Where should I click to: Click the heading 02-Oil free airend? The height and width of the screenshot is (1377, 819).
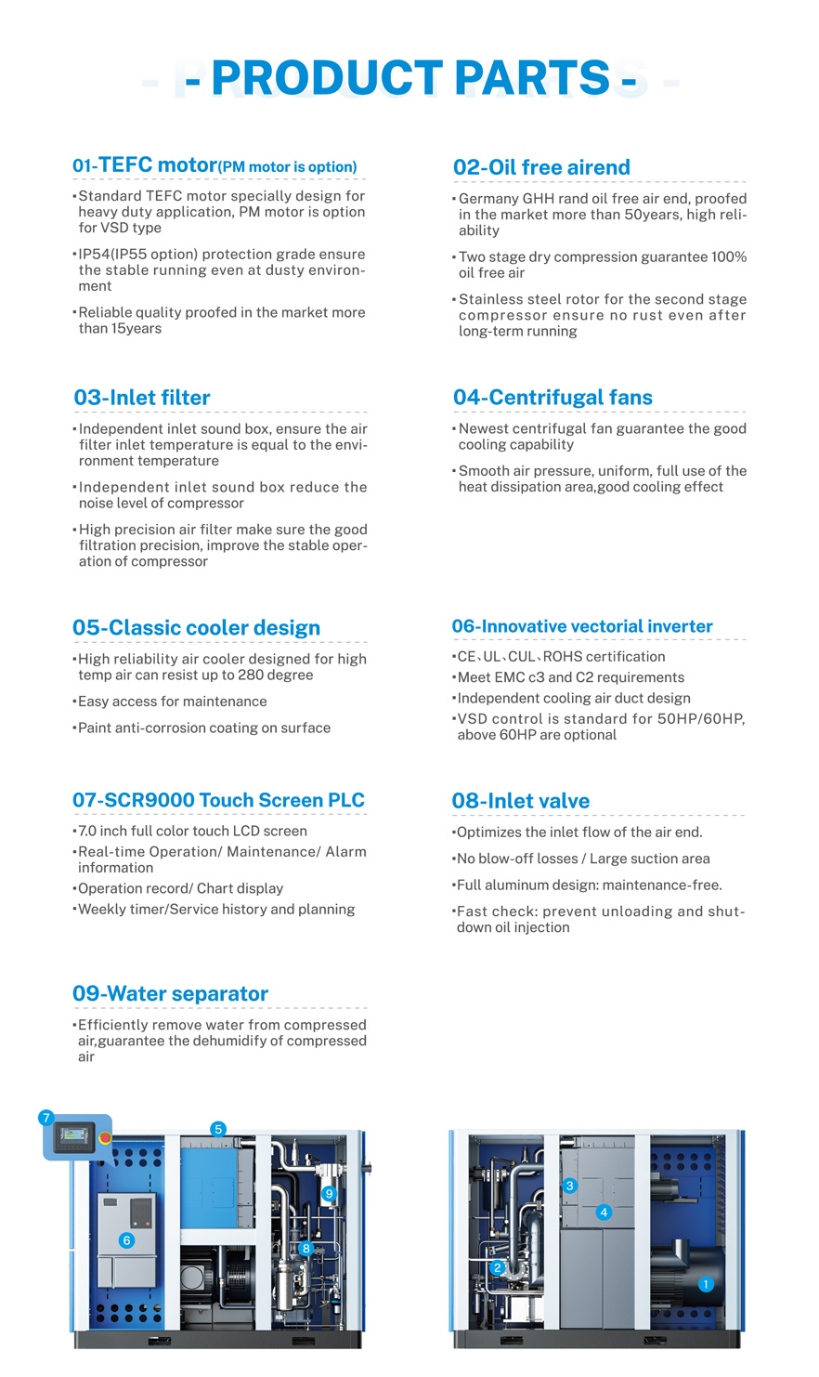coord(541,167)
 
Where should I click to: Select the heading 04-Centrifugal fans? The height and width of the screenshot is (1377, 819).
coord(552,398)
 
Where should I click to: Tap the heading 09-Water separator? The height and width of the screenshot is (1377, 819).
coord(170,994)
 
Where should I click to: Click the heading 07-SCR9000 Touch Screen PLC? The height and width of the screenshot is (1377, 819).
coord(218,801)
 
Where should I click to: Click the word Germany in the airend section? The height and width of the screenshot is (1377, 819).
coord(487,199)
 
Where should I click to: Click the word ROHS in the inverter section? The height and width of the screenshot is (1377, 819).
coord(562,657)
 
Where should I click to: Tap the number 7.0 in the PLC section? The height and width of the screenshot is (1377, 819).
coord(89,832)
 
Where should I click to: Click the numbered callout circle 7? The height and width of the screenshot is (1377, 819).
coord(46,1118)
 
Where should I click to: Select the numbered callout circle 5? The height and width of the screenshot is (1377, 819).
coord(218,1130)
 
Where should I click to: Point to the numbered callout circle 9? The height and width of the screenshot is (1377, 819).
coord(329,1193)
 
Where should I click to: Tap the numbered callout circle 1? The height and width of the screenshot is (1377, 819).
coord(706,1284)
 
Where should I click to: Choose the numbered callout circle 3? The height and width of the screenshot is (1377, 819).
coord(570,1186)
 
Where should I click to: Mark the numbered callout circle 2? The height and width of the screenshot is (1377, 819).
coord(498,1267)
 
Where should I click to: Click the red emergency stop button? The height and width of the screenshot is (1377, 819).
coord(105,1138)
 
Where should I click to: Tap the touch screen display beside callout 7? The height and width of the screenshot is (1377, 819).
coord(73,1135)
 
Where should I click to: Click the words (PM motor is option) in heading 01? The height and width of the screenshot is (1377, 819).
coord(288,167)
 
